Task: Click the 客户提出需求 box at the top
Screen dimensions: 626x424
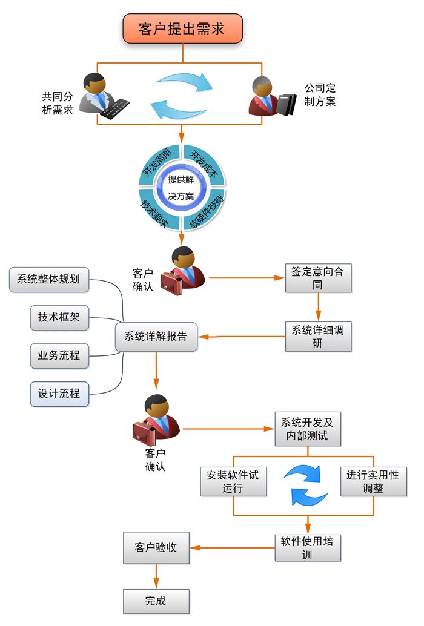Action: point(182,28)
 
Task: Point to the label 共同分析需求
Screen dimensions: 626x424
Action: point(57,103)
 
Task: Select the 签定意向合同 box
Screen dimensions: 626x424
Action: point(318,278)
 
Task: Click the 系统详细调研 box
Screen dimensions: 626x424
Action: point(318,336)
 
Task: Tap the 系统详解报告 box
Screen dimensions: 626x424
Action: point(156,336)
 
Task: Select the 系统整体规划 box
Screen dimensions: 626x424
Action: point(48,279)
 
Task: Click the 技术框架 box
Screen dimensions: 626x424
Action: point(59,317)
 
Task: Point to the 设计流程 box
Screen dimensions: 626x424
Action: point(59,393)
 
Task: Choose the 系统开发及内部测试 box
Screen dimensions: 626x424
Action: point(308,428)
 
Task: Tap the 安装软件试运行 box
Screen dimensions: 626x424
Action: point(233,481)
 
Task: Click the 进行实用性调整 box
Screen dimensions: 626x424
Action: point(373,481)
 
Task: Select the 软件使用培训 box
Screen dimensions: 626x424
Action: point(308,547)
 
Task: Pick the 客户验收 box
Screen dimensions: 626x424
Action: point(156,547)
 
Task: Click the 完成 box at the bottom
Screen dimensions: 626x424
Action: point(156,601)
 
